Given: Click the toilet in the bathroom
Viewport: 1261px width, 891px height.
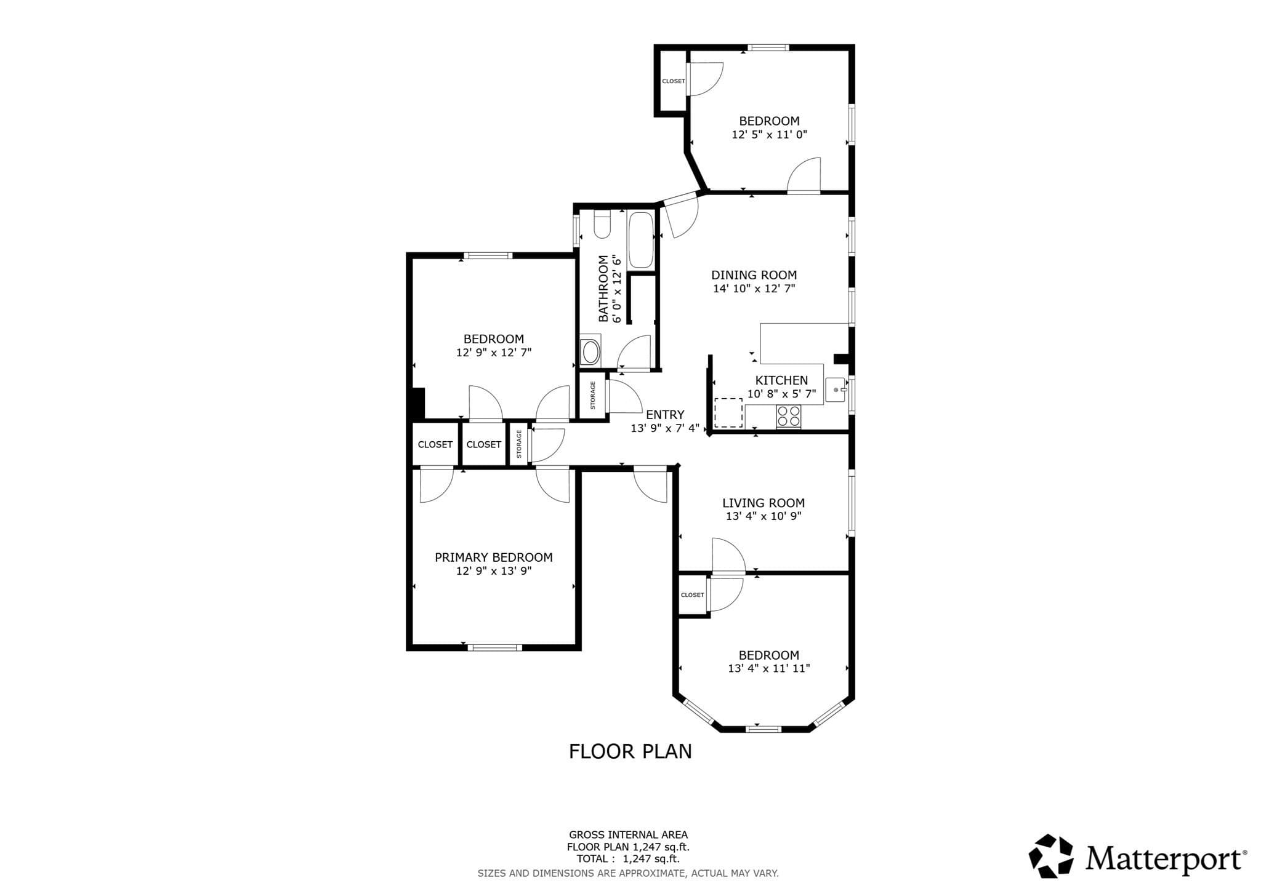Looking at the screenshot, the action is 602,224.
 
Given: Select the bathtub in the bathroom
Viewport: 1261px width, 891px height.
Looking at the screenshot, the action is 640,240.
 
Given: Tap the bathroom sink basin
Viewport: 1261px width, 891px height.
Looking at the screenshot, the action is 590,352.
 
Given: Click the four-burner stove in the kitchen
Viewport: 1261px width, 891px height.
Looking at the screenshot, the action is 789,417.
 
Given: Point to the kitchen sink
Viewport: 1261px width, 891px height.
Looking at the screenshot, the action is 836,390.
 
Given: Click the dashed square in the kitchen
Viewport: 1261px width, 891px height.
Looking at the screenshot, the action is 728,413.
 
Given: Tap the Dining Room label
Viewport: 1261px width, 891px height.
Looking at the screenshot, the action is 754,275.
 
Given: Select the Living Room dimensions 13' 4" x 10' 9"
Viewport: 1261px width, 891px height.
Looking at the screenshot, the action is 763,516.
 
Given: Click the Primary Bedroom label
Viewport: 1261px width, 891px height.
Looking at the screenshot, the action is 494,557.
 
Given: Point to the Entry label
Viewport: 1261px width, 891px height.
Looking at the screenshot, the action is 665,415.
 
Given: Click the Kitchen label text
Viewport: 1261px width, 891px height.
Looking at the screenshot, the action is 781,380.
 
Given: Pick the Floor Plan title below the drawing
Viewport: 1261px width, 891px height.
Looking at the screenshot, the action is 630,751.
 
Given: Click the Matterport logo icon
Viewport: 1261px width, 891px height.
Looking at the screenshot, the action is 1051,856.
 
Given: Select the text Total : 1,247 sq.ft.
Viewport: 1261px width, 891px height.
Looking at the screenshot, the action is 628,859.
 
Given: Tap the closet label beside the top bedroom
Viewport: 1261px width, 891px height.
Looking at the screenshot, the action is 674,81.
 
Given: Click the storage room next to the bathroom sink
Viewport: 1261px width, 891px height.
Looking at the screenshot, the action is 593,396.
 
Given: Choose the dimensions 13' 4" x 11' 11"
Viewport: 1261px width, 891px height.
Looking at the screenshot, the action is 768,669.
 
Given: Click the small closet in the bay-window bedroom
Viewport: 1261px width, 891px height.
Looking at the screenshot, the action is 693,594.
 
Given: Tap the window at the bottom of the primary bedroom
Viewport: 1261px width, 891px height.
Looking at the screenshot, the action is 494,647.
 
